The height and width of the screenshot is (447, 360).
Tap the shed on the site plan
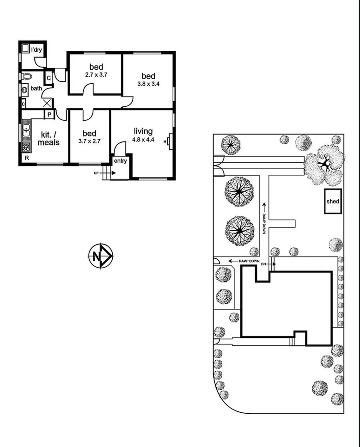(x=333, y=202)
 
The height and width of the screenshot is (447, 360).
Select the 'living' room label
(x=143, y=131)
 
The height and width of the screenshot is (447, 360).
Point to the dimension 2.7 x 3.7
(x=96, y=74)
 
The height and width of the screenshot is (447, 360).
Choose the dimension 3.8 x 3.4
(x=148, y=85)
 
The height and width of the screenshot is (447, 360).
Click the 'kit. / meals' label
(x=49, y=138)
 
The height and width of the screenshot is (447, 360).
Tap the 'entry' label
(x=121, y=160)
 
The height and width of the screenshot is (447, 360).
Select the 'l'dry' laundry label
(x=37, y=49)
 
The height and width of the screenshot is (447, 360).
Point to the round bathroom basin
(x=24, y=90)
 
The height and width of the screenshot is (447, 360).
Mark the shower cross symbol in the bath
(x=47, y=103)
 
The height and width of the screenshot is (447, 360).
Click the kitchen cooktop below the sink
(x=26, y=147)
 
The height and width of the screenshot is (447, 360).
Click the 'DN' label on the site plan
(x=264, y=264)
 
